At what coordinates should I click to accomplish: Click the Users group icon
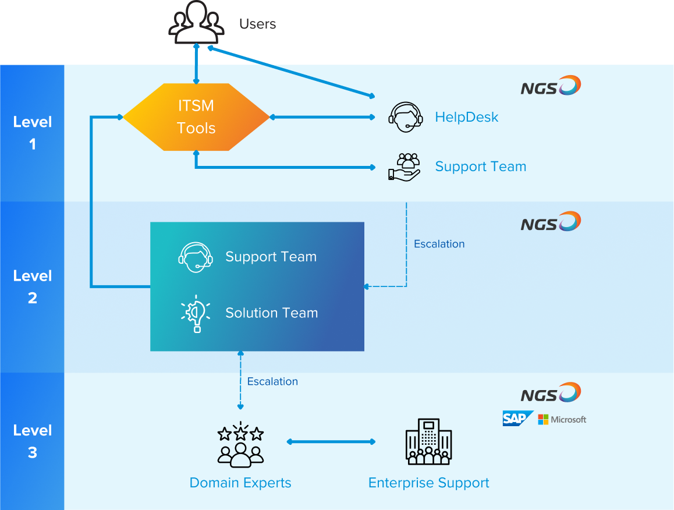[196, 22]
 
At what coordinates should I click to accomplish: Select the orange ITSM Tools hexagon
[196, 117]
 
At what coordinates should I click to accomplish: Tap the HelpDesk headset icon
[405, 117]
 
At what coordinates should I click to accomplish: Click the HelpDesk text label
[467, 117]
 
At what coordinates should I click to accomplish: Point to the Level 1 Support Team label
[481, 167]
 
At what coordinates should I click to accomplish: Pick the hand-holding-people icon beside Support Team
[405, 167]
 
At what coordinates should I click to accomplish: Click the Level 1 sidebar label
[33, 133]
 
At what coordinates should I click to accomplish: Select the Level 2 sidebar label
[33, 286]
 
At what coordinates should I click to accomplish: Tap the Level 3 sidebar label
[33, 441]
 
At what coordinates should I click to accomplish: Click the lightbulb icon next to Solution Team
[196, 313]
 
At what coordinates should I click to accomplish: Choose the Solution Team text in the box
[272, 313]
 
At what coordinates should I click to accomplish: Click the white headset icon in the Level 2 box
[195, 257]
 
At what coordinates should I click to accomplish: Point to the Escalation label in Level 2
[439, 244]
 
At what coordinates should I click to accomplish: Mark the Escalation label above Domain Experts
[272, 381]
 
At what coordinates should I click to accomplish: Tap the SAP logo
[517, 419]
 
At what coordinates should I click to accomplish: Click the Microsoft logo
[562, 419]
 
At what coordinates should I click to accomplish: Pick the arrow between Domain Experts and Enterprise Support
[331, 442]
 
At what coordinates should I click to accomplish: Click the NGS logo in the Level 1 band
[551, 86]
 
